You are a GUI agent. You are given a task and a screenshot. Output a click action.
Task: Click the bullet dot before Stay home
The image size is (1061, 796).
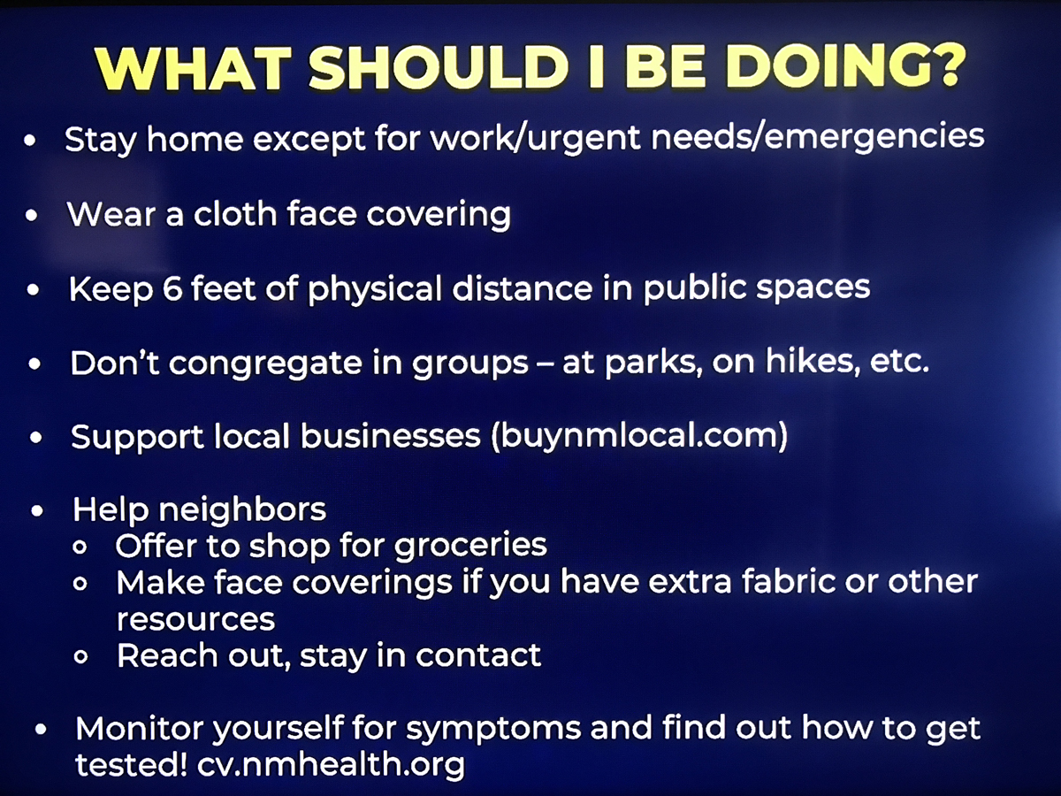pyautogui.click(x=30, y=141)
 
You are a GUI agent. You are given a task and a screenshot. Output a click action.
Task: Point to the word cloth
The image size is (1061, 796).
pyautogui.click(x=234, y=213)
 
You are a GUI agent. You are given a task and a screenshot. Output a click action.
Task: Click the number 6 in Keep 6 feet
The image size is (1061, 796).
pyautogui.click(x=172, y=288)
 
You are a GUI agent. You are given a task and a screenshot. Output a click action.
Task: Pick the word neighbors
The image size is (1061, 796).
pyautogui.click(x=242, y=509)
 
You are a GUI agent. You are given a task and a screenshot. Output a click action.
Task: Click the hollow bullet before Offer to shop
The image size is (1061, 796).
pyautogui.click(x=80, y=547)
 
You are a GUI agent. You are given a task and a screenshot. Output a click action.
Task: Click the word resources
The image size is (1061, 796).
pyautogui.click(x=195, y=620)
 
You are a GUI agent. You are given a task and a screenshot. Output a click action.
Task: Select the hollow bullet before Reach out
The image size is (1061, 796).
pyautogui.click(x=81, y=656)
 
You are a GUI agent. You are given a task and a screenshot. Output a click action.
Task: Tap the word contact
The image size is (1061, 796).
pyautogui.click(x=478, y=655)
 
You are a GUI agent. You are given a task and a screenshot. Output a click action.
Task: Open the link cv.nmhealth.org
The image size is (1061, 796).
pyautogui.click(x=331, y=764)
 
